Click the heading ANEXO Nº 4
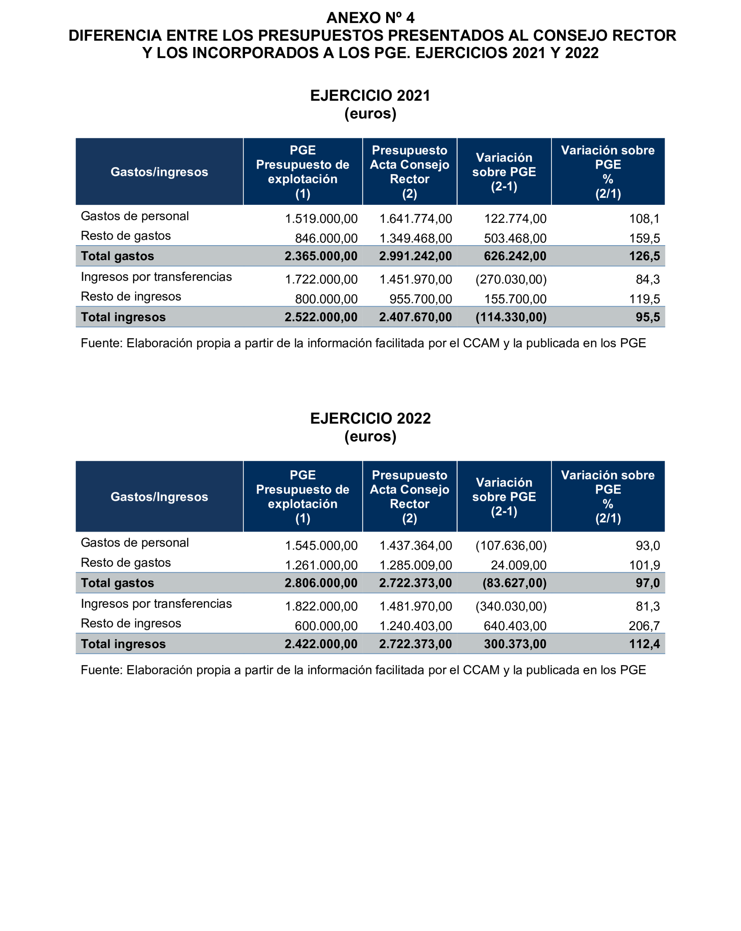(x=370, y=18)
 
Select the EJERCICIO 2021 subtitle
(x=370, y=95)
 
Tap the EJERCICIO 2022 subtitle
(x=370, y=418)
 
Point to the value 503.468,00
(x=515, y=238)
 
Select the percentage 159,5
(x=644, y=238)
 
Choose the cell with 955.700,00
(x=420, y=299)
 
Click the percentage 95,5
(x=648, y=317)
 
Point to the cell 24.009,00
(x=519, y=565)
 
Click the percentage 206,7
(x=644, y=626)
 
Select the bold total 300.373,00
(x=515, y=644)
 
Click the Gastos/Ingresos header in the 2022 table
(x=159, y=497)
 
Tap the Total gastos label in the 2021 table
(x=117, y=256)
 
